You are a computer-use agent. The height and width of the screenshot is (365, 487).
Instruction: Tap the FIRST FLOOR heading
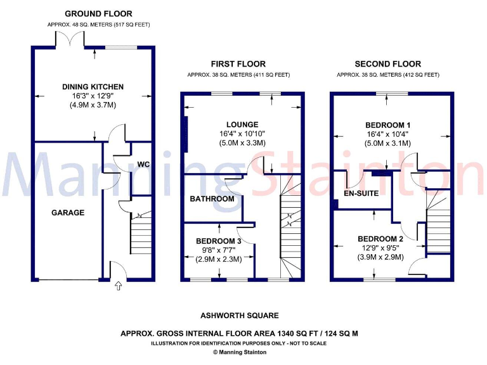pyautogui.click(x=238, y=64)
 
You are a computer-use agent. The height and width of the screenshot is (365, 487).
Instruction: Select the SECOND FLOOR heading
pyautogui.click(x=388, y=64)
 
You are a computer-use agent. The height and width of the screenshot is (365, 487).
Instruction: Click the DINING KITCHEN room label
pyautogui.click(x=93, y=87)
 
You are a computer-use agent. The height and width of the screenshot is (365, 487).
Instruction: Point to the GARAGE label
pyautogui.click(x=68, y=213)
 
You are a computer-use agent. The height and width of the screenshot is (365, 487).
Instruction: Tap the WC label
pyautogui.click(x=143, y=164)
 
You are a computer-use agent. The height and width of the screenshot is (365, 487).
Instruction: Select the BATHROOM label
pyautogui.click(x=212, y=199)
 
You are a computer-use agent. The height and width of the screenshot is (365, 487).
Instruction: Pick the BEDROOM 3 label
pyautogui.click(x=219, y=241)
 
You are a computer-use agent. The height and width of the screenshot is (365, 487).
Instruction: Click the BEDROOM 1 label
pyautogui.click(x=388, y=124)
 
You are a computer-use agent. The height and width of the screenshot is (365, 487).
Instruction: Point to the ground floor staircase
pyautogui.click(x=140, y=234)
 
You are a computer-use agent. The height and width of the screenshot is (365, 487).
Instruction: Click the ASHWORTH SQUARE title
pyautogui.click(x=240, y=316)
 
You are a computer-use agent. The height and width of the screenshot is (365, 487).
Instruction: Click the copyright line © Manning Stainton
pyautogui.click(x=240, y=352)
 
